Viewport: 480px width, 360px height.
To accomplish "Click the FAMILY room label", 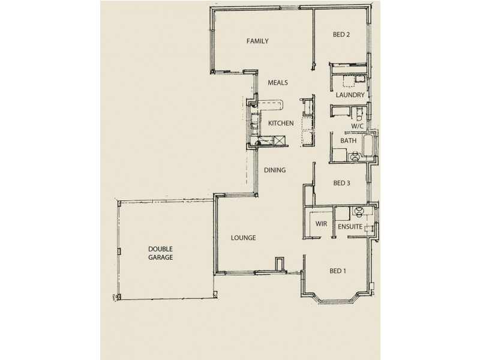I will (257, 41).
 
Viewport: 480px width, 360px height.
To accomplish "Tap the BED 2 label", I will (341, 35).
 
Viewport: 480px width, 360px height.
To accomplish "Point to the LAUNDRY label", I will (350, 95).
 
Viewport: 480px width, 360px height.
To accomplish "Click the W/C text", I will (358, 127).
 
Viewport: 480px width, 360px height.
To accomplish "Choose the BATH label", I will (348, 141).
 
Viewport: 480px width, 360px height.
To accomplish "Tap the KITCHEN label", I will (281, 124).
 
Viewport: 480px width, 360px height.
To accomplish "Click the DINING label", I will (275, 170).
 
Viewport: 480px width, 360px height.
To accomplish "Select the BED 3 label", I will (341, 184).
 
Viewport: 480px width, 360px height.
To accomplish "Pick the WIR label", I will (316, 225).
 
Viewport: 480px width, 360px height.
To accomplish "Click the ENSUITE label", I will (349, 227).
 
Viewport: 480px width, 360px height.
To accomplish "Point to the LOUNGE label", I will (244, 238).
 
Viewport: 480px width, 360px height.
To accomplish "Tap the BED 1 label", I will (338, 271).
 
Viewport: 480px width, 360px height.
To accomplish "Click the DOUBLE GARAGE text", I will (161, 253).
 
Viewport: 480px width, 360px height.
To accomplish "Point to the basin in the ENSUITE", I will (359, 211).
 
